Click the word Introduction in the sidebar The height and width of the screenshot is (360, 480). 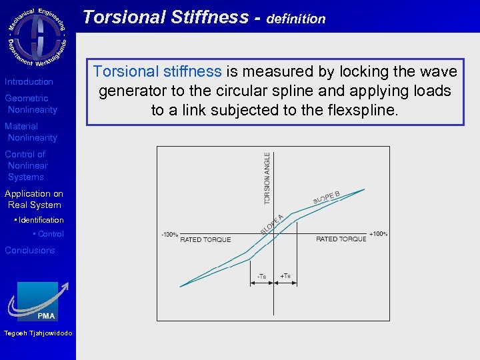tap(29, 82)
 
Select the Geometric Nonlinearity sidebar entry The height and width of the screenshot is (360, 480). tap(31, 104)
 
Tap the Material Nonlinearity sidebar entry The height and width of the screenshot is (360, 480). tap(31, 132)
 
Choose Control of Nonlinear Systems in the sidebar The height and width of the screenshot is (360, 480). tap(27, 165)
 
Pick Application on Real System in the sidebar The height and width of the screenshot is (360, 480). tap(34, 199)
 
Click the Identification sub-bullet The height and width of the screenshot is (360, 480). tap(40, 220)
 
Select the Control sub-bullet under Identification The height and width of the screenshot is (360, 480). tap(50, 234)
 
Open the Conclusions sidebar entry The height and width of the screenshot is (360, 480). tap(30, 251)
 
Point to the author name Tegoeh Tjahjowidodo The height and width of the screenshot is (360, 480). tap(38, 333)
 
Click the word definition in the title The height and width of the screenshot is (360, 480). tap(295, 19)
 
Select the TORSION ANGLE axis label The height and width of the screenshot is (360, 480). tap(267, 178)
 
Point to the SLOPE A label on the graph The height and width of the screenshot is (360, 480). tap(272, 223)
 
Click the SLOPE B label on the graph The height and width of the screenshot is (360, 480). tap(327, 198)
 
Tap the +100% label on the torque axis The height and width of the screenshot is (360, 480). tap(378, 234)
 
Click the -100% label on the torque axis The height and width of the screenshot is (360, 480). tap(169, 235)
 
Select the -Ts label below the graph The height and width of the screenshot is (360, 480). tap(262, 276)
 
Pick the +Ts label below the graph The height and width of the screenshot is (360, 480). tap(285, 276)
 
